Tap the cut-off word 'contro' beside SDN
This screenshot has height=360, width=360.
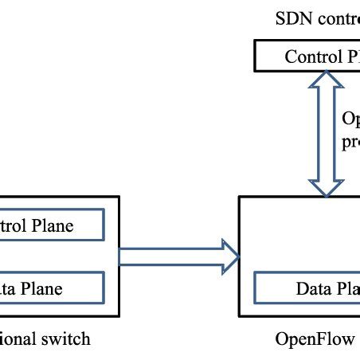(335, 18)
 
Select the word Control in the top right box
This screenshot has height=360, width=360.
(311, 57)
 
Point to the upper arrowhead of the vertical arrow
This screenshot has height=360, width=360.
(323, 79)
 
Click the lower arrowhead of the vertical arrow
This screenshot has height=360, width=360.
(323, 186)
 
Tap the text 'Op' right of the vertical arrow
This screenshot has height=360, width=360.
(350, 119)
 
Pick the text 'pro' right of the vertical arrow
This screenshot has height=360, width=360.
(350, 143)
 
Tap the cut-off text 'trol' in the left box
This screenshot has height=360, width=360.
(14, 225)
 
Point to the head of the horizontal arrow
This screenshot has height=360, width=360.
(231, 256)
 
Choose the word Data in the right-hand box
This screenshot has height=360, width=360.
(313, 288)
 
